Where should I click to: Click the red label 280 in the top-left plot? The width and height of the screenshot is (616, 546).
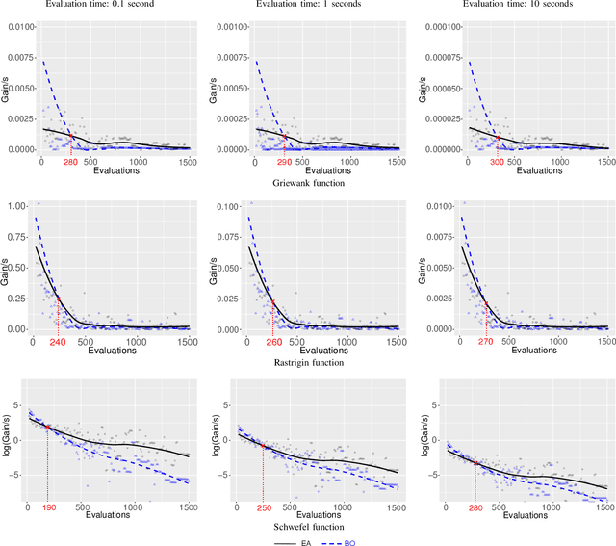pyautogui.click(x=70, y=162)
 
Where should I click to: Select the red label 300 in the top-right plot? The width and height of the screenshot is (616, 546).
pyautogui.click(x=498, y=162)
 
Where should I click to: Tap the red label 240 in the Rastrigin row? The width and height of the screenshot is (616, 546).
pyautogui.click(x=58, y=341)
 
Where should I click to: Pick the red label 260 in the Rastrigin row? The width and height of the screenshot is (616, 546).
pyautogui.click(x=272, y=341)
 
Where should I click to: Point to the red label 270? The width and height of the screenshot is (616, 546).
pyautogui.click(x=486, y=341)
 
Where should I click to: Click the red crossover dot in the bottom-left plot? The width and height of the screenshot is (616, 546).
pyautogui.click(x=47, y=427)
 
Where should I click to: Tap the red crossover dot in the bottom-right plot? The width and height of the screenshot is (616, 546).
pyautogui.click(x=475, y=463)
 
